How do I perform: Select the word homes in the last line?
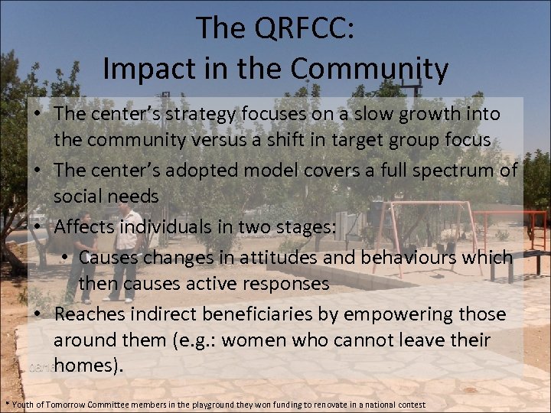point(84,366)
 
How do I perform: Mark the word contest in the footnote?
point(409,404)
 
